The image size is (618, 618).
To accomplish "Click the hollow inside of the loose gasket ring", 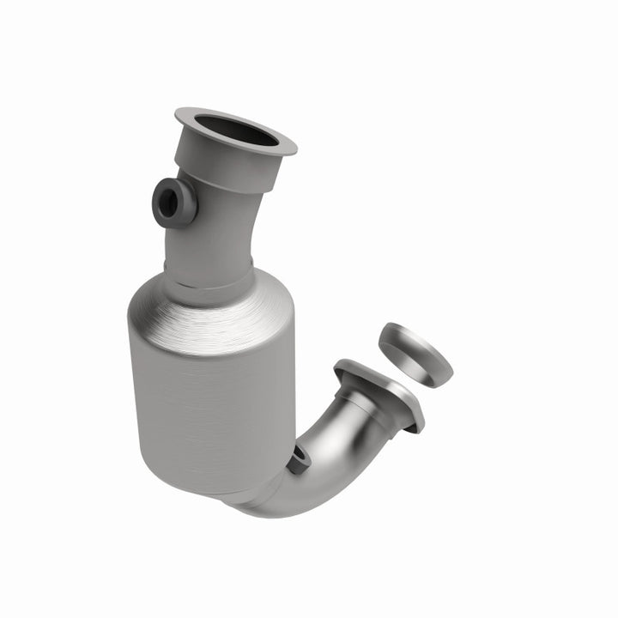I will [x=410, y=337].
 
